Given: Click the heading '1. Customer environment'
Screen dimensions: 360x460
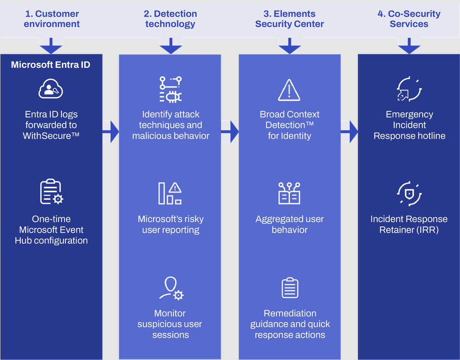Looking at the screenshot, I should click(51, 19).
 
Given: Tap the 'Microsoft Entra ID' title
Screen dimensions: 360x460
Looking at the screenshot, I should click(50, 65).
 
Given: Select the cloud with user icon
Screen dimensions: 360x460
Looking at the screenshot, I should click(51, 89).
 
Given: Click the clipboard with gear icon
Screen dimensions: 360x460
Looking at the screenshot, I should click(51, 192).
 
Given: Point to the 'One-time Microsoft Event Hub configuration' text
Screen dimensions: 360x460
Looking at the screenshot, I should click(51, 230).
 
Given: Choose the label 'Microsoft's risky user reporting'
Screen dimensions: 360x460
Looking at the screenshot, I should click(170, 225).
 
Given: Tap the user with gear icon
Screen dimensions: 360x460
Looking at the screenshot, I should click(171, 288).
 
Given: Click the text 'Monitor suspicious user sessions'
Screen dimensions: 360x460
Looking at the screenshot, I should click(170, 324).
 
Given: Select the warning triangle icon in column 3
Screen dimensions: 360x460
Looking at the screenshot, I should click(290, 90).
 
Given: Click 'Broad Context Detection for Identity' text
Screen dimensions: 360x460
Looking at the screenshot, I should click(290, 125).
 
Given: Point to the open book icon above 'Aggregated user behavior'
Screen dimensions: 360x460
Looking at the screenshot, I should click(290, 193).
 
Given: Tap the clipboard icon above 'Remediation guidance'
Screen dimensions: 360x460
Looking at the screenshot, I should click(290, 288).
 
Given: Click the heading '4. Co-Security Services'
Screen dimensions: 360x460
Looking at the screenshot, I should click(409, 19).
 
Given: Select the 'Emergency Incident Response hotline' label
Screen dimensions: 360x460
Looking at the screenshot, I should click(409, 125).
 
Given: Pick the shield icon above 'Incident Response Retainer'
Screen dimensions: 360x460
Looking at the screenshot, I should click(409, 194).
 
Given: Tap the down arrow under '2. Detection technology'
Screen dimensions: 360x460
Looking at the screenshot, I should click(170, 46).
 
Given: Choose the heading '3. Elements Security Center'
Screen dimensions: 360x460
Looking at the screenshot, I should click(290, 19).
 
